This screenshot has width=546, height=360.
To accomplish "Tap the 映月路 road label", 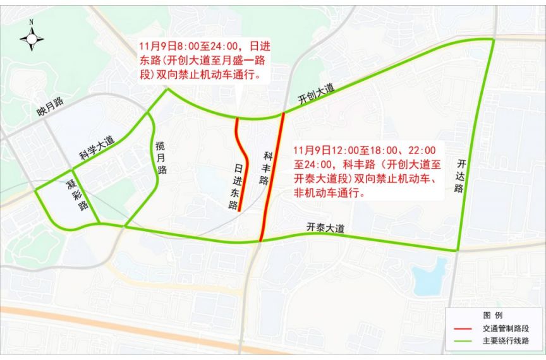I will pyautogui.click(x=51, y=107).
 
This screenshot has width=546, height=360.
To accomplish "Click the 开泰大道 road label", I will pyautogui.click(x=325, y=228).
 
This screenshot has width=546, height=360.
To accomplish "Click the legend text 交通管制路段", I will pyautogui.click(x=506, y=329).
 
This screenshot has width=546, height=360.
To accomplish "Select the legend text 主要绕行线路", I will pyautogui.click(x=506, y=341).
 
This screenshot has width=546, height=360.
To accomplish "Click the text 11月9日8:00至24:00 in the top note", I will pyautogui.click(x=192, y=46).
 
